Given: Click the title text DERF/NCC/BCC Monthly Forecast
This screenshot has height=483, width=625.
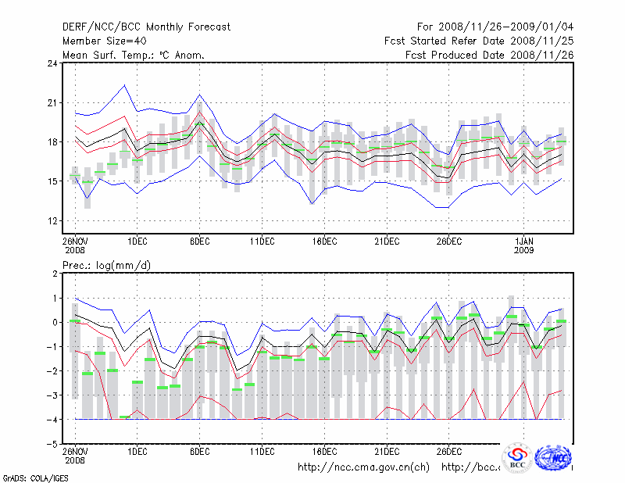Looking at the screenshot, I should coord(146,27).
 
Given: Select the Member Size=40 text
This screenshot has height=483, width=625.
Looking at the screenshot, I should coord(102,41).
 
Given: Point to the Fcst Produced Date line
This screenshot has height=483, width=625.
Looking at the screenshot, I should coord(490,55).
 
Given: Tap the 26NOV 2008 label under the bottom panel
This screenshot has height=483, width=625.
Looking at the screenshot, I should coord(75,456).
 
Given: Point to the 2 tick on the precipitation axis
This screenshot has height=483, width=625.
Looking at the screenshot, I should coord(55,274).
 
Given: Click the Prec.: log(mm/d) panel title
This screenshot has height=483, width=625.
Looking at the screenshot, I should coord(107,266).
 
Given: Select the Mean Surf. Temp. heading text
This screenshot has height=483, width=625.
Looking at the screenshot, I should coord(134,55).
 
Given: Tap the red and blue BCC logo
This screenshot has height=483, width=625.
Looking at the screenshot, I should coord(517,458).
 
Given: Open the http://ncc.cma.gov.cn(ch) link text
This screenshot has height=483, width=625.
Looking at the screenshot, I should coord(363,467).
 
